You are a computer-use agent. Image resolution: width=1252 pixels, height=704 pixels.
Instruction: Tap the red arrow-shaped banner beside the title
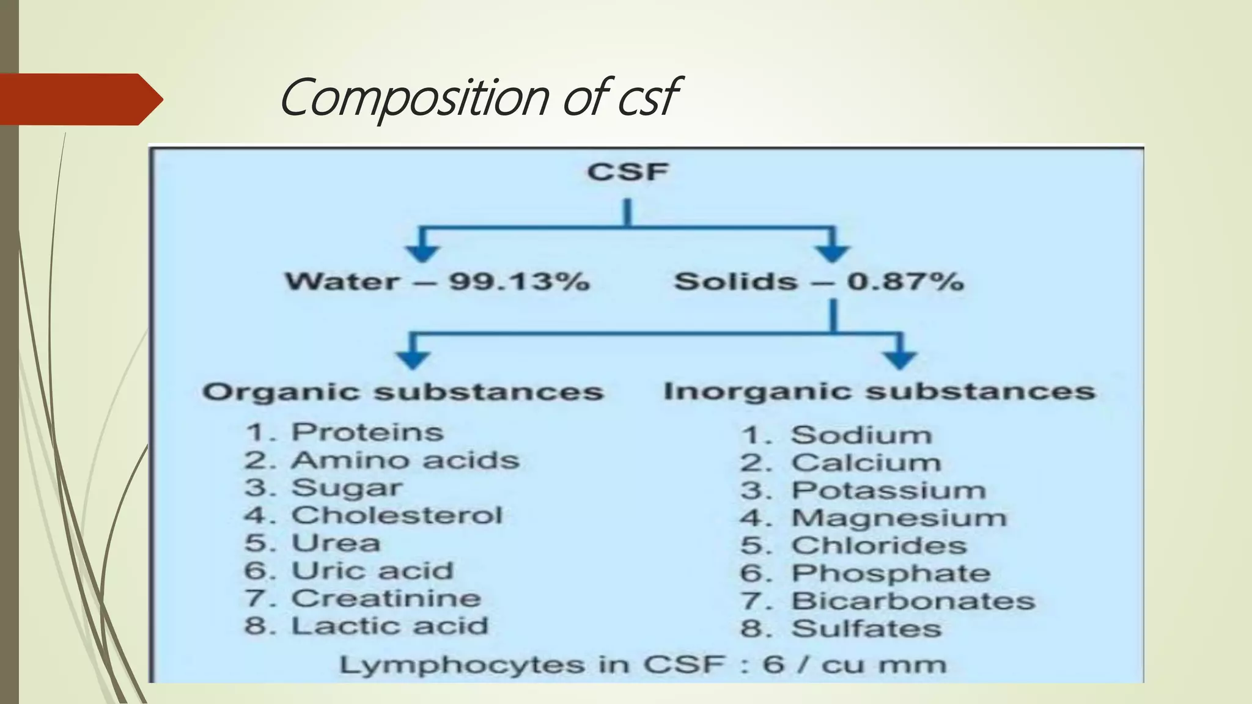pos(79,99)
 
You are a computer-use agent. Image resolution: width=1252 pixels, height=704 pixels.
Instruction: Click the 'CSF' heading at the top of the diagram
pos(628,172)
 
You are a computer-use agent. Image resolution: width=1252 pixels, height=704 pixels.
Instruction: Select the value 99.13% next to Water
pos(520,282)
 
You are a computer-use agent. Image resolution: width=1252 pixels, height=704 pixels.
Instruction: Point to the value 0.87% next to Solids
pos(905,282)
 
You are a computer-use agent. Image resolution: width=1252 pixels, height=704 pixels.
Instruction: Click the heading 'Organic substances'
pos(403,392)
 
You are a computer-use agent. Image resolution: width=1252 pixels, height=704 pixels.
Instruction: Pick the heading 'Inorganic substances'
pos(879,391)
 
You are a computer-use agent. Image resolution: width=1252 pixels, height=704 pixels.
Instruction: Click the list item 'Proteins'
pos(367,432)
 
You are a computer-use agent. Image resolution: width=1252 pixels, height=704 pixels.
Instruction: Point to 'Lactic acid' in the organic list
pos(390,626)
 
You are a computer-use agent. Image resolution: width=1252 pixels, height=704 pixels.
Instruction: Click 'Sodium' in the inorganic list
pos(861,435)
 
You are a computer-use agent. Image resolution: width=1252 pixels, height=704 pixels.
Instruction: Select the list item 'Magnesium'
pos(899,518)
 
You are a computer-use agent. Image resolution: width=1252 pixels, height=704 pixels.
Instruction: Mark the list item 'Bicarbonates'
pos(913,601)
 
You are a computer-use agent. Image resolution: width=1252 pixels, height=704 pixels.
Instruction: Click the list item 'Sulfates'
pos(866,628)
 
